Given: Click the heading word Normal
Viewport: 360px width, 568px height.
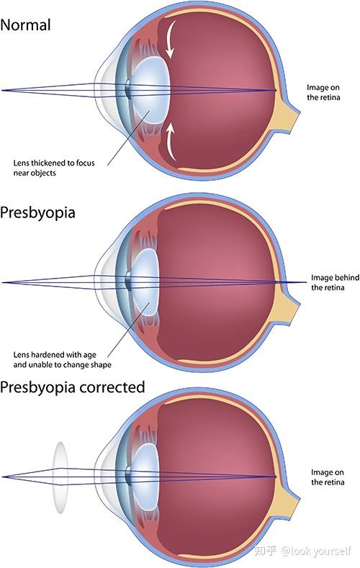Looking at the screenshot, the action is tap(25, 25).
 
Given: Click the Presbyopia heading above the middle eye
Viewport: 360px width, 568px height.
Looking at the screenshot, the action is tap(37, 212).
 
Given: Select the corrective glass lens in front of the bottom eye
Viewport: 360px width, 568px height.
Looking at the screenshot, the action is tap(60, 477).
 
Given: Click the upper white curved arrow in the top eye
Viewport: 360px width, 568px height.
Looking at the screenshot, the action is tap(170, 39).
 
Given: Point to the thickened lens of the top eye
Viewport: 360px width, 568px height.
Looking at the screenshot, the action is tap(151, 91).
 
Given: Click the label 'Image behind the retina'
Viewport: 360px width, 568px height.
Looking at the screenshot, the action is tap(335, 282).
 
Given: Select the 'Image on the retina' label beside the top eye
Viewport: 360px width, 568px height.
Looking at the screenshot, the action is tap(323, 92).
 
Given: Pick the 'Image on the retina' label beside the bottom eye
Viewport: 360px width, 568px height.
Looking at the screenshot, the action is tap(328, 477).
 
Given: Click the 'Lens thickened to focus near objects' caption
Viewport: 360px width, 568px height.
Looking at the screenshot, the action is tap(54, 168).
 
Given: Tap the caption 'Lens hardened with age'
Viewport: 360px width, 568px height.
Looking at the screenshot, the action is tap(55, 355).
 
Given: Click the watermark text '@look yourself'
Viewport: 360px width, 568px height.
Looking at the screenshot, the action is tap(316, 551).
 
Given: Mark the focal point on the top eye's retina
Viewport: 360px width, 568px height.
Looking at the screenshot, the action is tap(275, 91).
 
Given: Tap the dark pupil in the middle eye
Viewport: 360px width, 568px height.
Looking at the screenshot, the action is tap(127, 281).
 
